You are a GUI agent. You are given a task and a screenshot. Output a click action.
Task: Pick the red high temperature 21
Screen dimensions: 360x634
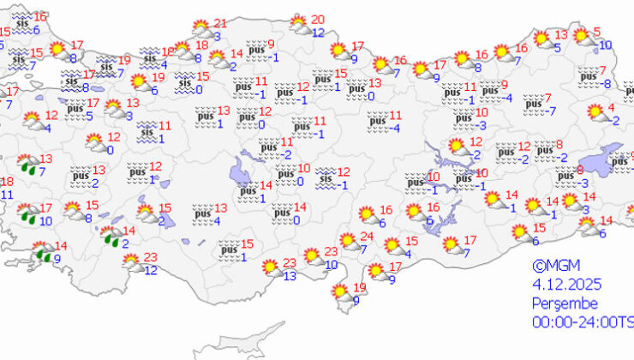click(x=220, y=23)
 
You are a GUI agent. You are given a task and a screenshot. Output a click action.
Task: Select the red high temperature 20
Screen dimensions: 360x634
click(x=318, y=20)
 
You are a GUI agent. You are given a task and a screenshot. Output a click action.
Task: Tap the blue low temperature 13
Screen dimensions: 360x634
click(x=290, y=275)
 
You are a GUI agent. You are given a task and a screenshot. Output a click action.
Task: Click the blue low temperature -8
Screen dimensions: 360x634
click(x=607, y=83)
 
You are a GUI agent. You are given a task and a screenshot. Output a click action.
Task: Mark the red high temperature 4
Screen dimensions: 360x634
click(x=612, y=107)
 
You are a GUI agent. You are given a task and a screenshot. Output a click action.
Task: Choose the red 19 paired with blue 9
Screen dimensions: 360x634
click(x=360, y=287)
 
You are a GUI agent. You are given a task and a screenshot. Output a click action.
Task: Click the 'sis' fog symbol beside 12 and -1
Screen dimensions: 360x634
click(x=326, y=178)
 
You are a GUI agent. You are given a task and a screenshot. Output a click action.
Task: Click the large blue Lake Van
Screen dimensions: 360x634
click(x=604, y=159)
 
